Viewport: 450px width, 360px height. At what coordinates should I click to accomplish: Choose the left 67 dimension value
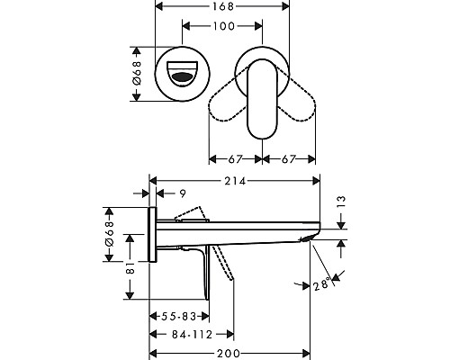click(x=236, y=159)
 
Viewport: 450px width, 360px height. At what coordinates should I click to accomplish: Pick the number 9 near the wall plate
click(x=183, y=193)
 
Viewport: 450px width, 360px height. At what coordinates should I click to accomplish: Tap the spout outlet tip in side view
click(x=310, y=238)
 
